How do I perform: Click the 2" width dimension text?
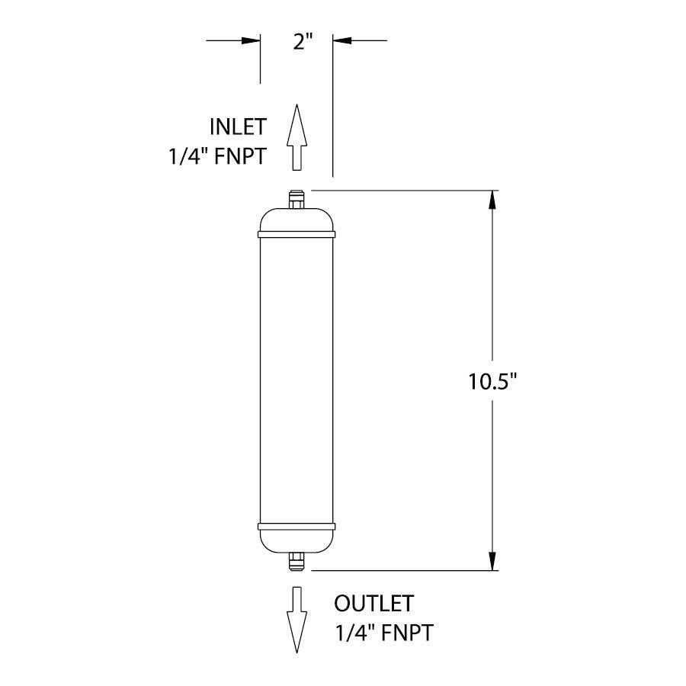[x=305, y=41]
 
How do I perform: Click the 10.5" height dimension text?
[x=493, y=381]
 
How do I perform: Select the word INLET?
[x=238, y=127]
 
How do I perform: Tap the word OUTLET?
[x=373, y=604]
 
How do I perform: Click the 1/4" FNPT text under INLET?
[x=216, y=156]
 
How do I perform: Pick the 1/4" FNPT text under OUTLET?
[x=386, y=633]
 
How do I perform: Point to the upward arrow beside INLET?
[x=296, y=137]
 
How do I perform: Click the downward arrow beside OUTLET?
[x=296, y=619]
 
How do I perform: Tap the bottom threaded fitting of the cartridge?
[x=297, y=562]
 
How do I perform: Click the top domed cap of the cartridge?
[x=297, y=220]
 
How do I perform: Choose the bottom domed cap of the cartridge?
[x=297, y=541]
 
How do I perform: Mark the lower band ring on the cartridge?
[x=297, y=526]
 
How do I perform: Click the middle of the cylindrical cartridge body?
[x=297, y=381]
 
